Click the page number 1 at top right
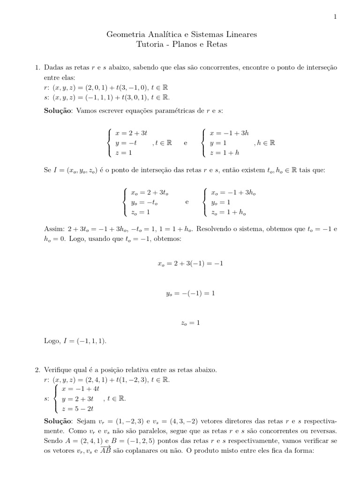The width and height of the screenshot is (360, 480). click(x=335, y=17)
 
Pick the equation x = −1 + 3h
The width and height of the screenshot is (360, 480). click(x=229, y=133)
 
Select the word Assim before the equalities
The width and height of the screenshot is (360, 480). click(x=51, y=229)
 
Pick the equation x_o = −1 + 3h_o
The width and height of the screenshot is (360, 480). click(x=233, y=193)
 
